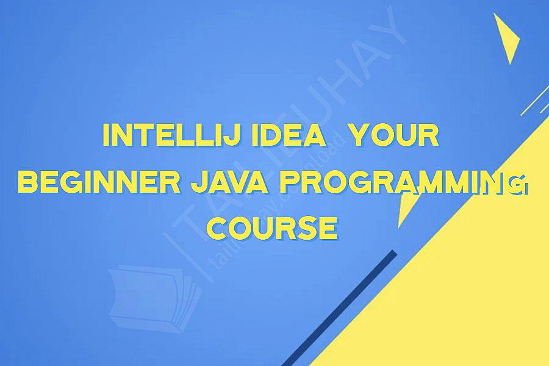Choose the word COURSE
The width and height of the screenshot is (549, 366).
pyautogui.click(x=271, y=228)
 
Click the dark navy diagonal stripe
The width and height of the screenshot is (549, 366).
pyautogui.click(x=342, y=305)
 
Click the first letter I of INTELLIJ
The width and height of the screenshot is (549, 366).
pyautogui.click(x=107, y=136)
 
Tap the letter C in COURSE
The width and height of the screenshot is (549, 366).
pyautogui.click(x=218, y=228)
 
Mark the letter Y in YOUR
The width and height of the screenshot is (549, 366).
pyautogui.click(x=364, y=136)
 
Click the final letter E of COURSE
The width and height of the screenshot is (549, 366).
pyautogui.click(x=328, y=228)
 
